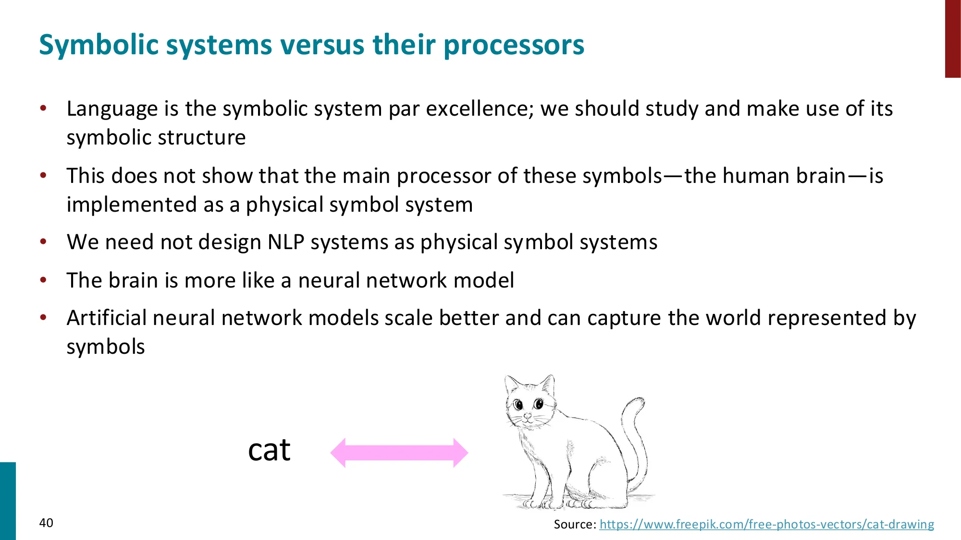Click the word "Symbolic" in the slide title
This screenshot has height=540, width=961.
[99, 46]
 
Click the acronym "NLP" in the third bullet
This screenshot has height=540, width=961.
[286, 242]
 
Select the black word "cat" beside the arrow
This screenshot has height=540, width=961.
[269, 450]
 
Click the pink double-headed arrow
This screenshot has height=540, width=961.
[399, 453]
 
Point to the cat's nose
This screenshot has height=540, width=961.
[528, 415]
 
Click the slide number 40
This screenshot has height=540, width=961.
[46, 523]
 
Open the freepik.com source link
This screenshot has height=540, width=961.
[767, 524]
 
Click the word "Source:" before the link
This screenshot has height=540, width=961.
[575, 524]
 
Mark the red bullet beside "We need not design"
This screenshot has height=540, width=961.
[43, 242]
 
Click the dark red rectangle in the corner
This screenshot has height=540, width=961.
[953, 39]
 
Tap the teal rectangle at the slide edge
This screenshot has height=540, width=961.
[8, 501]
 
